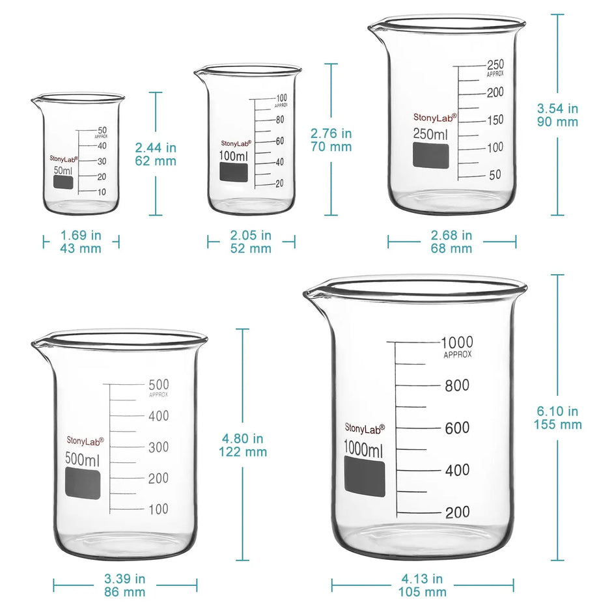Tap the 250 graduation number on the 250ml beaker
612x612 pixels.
[495, 64]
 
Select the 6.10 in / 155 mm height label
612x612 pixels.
[558, 418]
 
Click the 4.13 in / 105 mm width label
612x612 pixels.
[423, 585]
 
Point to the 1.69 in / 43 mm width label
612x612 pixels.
[81, 242]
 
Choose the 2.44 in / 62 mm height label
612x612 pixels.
[156, 154]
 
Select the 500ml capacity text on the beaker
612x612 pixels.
[83, 458]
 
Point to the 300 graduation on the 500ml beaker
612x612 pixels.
[159, 447]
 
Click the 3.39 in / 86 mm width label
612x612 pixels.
[125, 585]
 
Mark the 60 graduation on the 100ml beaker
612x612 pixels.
[279, 141]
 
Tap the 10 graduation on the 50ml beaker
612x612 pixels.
[102, 192]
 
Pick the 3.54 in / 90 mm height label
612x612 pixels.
[557, 115]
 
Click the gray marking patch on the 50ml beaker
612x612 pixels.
[63, 182]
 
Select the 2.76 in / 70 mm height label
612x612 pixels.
[331, 140]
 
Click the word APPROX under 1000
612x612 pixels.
[458, 355]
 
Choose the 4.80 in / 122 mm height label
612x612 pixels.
[245, 445]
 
